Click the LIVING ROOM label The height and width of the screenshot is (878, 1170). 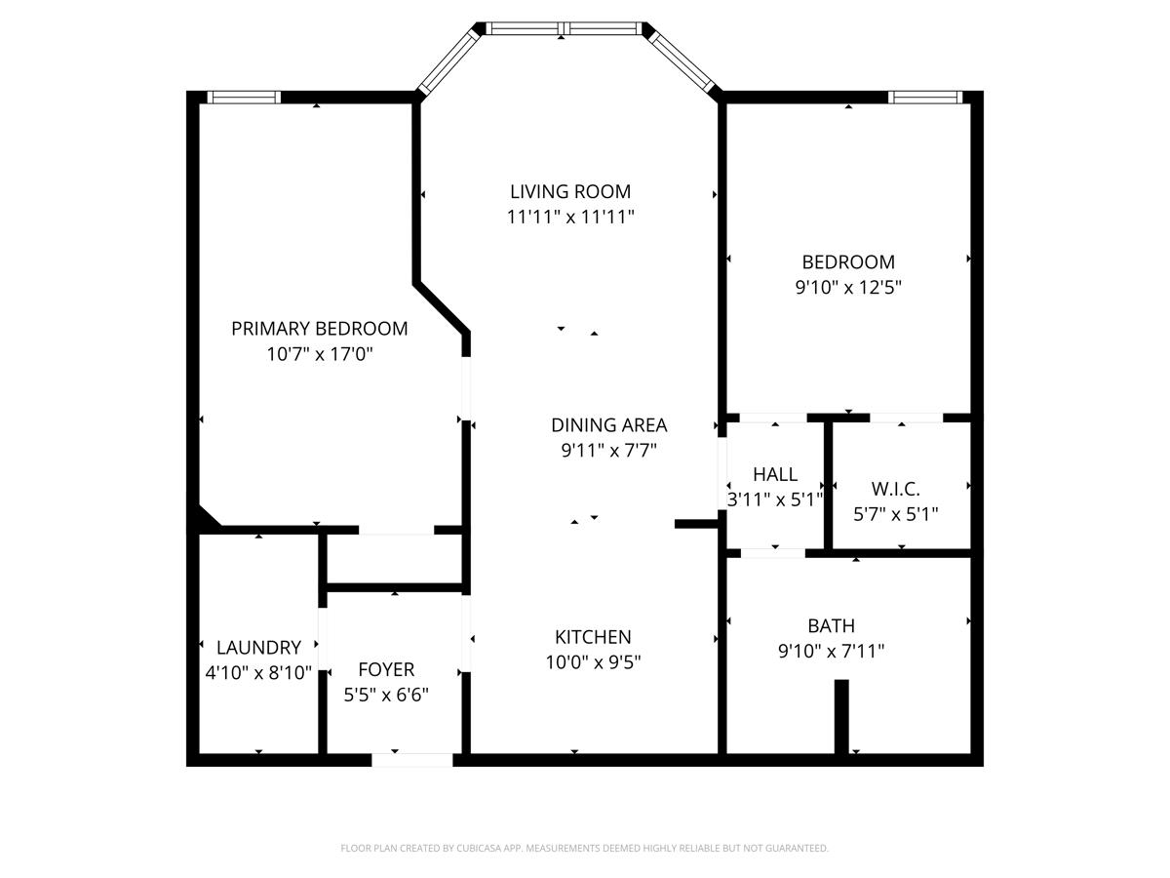click(570, 191)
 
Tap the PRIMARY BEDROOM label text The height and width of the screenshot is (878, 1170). click(319, 329)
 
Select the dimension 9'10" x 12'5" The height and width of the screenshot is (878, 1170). click(848, 288)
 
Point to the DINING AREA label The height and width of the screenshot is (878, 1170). click(608, 425)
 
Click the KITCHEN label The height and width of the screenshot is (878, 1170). click(593, 637)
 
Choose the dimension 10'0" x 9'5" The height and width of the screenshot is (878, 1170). click(593, 662)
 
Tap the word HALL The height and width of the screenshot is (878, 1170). click(775, 475)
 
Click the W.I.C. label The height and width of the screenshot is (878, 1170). click(895, 489)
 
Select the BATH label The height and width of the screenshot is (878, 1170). click(831, 626)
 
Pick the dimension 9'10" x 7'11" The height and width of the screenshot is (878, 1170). click(831, 652)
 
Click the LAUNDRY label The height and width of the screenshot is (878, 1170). click(258, 648)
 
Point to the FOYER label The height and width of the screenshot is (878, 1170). click(386, 670)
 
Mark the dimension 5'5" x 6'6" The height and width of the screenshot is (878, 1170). click(386, 696)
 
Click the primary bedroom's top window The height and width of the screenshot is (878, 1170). click(245, 97)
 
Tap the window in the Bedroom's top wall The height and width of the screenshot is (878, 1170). click(925, 97)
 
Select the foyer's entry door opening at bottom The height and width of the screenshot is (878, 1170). click(412, 759)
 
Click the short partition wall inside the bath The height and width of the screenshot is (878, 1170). click(841, 716)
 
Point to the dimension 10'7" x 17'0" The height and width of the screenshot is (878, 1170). click(319, 354)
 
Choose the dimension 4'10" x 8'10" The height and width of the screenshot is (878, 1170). click(258, 673)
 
